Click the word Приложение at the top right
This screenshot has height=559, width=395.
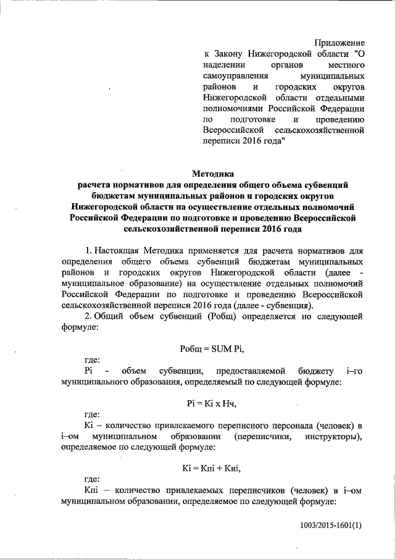pyautogui.click(x=339, y=43)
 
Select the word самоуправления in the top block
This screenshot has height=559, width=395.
pyautogui.click(x=235, y=75)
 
